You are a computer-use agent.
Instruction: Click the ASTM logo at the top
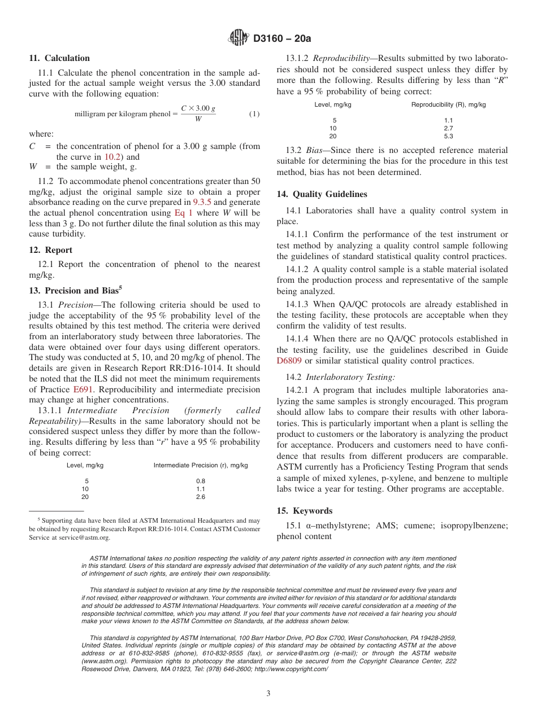coord(238,38)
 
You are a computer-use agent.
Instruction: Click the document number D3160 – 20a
coord(282,38)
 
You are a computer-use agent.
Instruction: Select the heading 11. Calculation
coord(59,58)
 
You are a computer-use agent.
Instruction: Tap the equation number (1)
coord(254,114)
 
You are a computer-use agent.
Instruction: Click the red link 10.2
coord(111,157)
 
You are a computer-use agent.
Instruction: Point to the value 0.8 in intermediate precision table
coord(200,481)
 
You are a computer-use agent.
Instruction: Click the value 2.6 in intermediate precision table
coord(200,497)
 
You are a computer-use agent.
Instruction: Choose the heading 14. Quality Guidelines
coord(322,194)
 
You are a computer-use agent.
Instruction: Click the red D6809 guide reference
coord(289,361)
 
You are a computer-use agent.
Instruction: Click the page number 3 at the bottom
coord(268,693)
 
